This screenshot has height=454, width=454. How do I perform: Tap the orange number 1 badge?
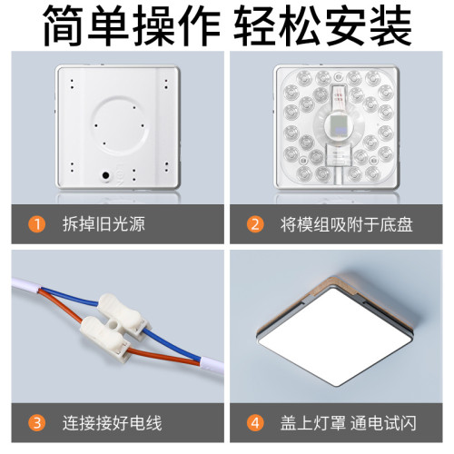pyautogui.click(x=36, y=223)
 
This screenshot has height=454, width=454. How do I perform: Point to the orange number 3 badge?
pyautogui.click(x=36, y=421)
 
